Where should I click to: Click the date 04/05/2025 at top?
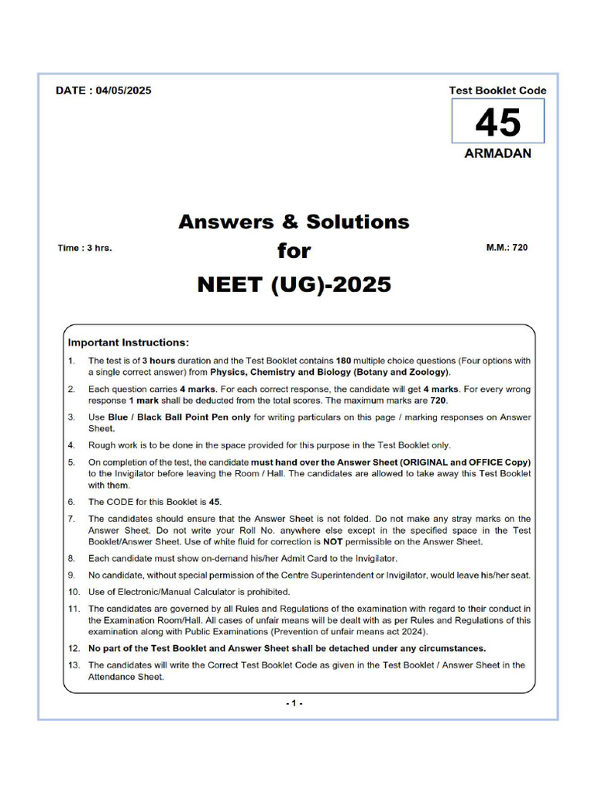pos(123,90)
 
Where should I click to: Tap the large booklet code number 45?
pos(497,122)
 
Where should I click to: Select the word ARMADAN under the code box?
pos(497,153)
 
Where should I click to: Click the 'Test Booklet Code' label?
pos(497,90)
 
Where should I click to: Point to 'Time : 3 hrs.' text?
pos(84,249)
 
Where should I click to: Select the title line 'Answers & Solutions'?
pos(294,221)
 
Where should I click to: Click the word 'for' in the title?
pos(294,251)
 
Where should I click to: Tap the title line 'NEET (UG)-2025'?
pos(294,285)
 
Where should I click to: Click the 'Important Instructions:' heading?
pos(128,342)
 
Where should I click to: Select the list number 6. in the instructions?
pos(71,502)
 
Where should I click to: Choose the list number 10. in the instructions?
pos(72,592)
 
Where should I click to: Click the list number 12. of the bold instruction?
pos(72,648)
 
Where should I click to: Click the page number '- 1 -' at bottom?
pos(294,702)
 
